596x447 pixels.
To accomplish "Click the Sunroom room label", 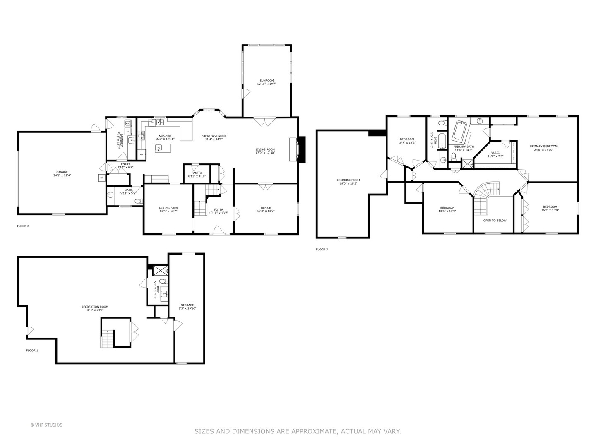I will pos(267,80).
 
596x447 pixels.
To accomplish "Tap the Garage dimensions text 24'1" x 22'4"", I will pos(62,175).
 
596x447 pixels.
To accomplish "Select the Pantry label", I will pos(197,173).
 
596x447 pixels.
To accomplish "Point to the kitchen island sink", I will pos(159,147).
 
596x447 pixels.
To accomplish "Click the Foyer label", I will pos(219,209).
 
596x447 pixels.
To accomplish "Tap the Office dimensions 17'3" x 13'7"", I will pos(265,211).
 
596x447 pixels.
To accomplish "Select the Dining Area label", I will pos(168,208).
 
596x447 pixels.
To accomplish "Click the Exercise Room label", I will pos(348,180).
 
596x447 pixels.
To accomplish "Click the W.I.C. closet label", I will pos(495,153).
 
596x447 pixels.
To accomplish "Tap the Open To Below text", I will pos(495,221).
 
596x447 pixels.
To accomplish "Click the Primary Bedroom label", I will pos(543,146).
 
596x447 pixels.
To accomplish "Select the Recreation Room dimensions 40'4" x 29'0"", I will pos(95,310).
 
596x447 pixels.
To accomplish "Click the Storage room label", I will pos(187,305).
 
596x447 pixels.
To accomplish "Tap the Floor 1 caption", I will pos(32,351).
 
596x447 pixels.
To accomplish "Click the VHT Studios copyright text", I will pos(46,425).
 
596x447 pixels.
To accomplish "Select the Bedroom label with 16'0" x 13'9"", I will pos(550,207).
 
